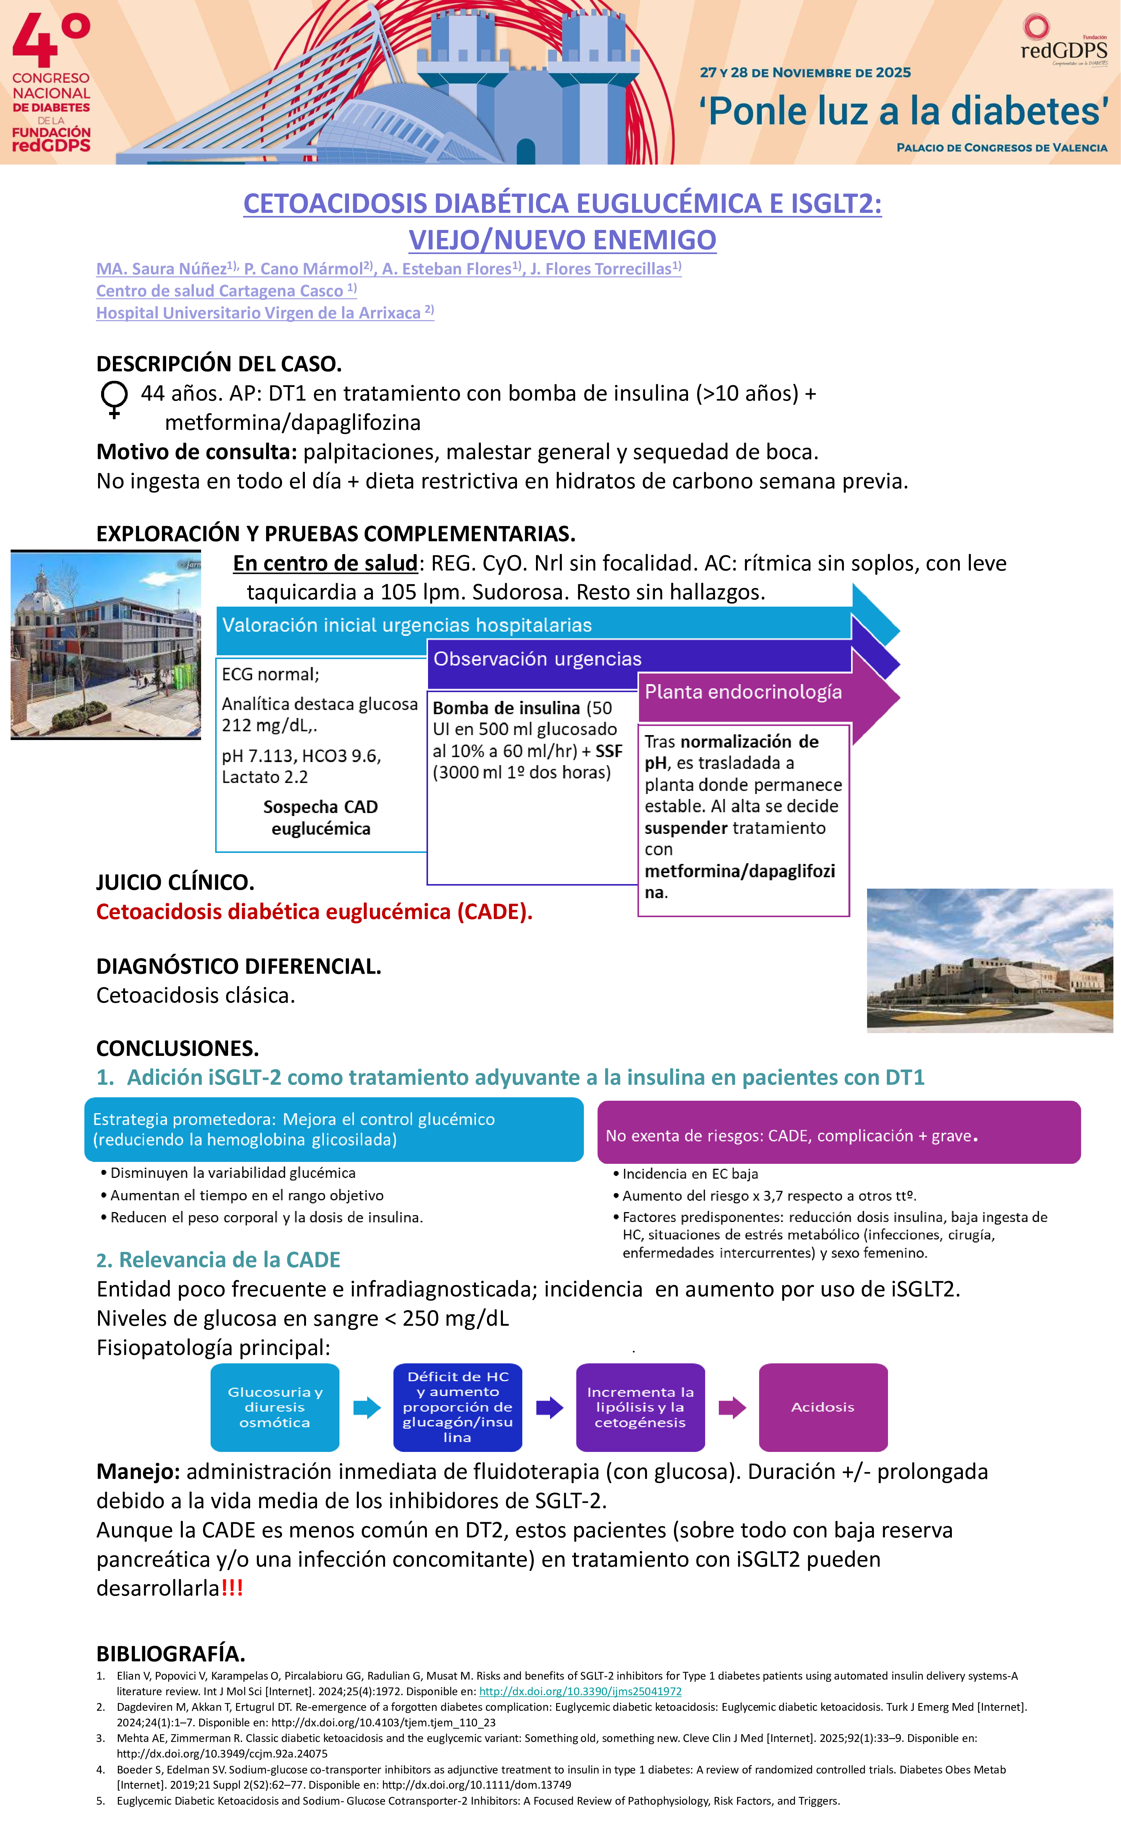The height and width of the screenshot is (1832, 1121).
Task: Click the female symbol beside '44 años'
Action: tap(114, 399)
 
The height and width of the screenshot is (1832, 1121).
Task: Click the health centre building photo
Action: tap(106, 645)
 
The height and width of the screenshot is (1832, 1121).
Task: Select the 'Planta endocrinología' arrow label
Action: tap(743, 692)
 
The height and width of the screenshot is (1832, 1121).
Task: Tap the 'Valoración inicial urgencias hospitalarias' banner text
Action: tap(407, 625)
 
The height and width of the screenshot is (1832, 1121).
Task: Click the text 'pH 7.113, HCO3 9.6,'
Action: tap(301, 756)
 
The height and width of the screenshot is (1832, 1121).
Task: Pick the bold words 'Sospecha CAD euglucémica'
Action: tap(320, 818)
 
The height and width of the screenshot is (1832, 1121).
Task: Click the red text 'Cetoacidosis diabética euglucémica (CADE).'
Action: tap(314, 911)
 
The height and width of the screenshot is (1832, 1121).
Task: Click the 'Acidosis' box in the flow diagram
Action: tap(823, 1407)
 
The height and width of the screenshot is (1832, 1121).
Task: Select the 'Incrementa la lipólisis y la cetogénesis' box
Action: tap(640, 1407)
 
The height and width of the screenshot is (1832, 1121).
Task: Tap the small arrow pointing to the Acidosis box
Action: tap(731, 1407)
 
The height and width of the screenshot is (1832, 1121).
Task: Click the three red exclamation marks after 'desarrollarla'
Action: tap(232, 1588)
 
